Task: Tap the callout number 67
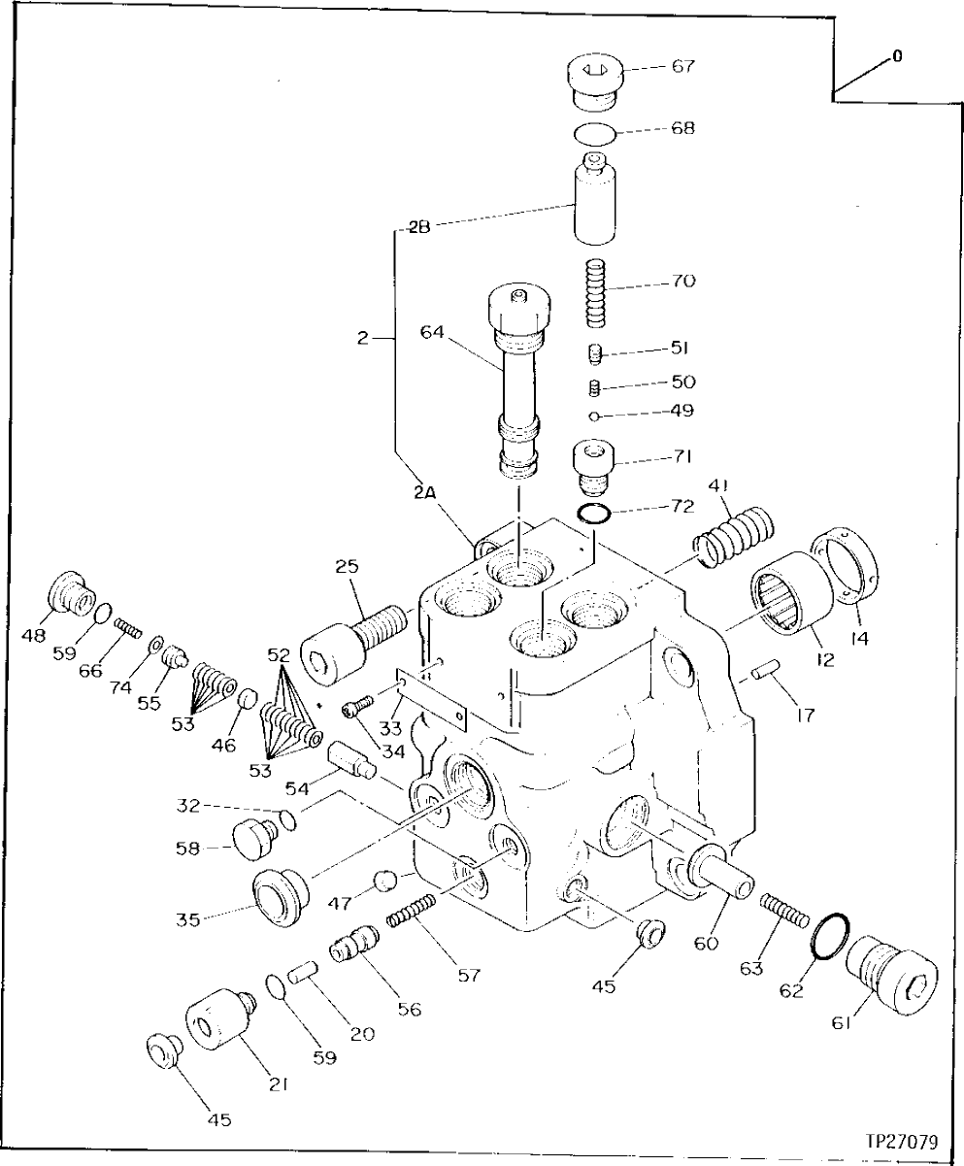coord(682,67)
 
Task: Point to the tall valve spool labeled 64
coord(520,379)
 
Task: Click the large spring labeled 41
coord(736,538)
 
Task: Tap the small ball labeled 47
coord(385,882)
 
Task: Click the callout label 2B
coord(418,227)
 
